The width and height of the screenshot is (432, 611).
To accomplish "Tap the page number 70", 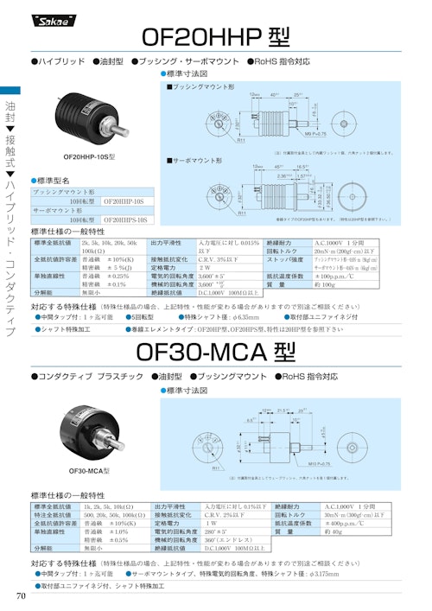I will click(x=20, y=597).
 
